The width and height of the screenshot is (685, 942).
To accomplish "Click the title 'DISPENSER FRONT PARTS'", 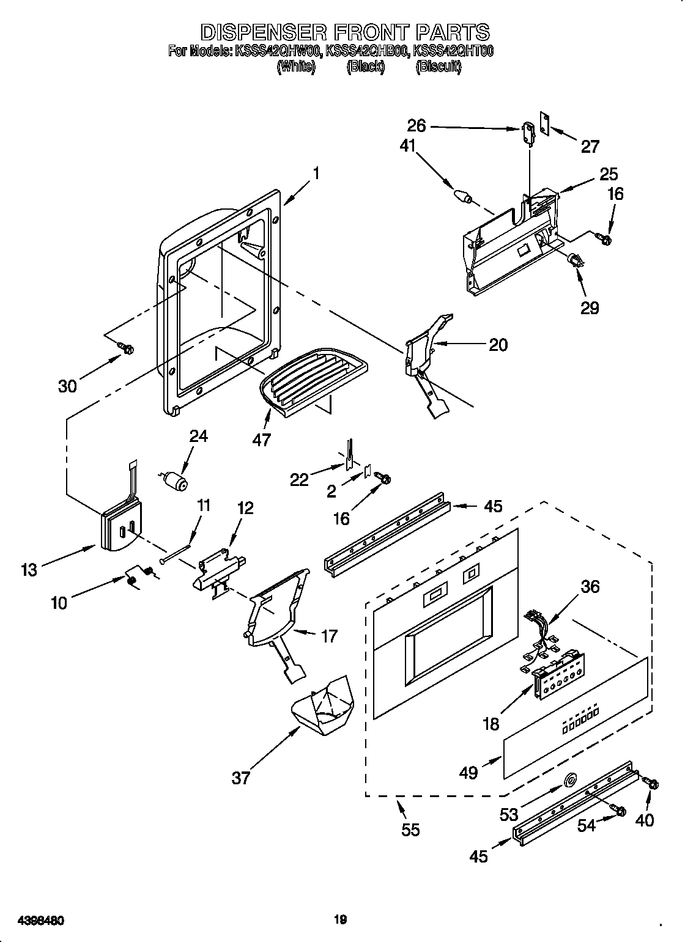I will tap(346, 31).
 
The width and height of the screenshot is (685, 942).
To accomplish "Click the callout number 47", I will tap(262, 440).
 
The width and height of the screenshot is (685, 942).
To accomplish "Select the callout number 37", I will tap(241, 778).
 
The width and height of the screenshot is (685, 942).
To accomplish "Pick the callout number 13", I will tap(28, 570).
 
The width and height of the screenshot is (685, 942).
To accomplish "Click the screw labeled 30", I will tap(127, 348).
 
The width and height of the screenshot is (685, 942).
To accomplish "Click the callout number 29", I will tap(590, 307).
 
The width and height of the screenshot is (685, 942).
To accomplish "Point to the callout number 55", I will tap(410, 830).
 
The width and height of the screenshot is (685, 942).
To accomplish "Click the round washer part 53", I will tap(570, 779).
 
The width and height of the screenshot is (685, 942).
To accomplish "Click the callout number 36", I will tap(590, 587).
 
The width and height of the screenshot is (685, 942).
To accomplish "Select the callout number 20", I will tap(498, 345).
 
